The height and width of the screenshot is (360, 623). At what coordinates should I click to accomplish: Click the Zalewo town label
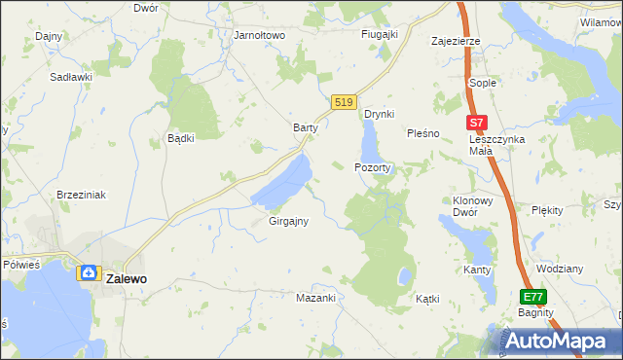[127, 277]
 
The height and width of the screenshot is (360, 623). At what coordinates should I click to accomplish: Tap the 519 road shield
[343, 102]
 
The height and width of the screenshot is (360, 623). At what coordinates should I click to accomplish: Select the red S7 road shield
[475, 124]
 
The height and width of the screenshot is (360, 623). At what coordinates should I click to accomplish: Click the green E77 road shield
[531, 297]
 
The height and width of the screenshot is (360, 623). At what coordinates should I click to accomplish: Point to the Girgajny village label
[288, 221]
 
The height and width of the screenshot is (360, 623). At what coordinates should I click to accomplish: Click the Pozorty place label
[373, 167]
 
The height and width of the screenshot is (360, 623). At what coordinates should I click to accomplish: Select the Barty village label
[307, 127]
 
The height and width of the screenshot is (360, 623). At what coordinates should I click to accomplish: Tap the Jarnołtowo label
[259, 35]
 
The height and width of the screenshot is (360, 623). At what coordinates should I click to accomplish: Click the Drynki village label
[379, 114]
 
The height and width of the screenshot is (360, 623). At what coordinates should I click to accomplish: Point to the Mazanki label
[315, 298]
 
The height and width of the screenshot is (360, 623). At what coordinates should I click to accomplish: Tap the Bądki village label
[181, 137]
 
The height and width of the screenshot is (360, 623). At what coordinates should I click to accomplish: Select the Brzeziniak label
[81, 195]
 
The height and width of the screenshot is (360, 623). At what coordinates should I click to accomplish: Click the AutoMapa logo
[558, 341]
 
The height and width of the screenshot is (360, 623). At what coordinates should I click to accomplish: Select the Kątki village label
[428, 299]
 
